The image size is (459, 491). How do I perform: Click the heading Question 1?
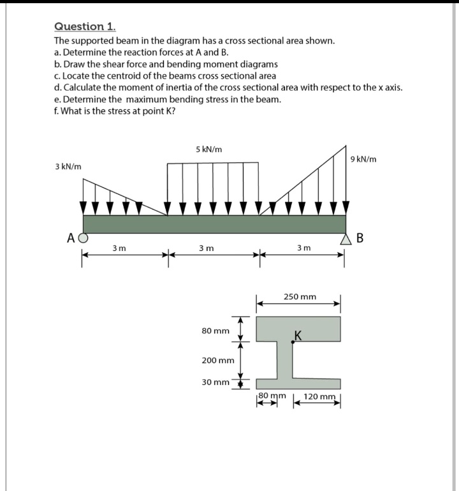coord(85,27)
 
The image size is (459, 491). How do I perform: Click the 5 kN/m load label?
coord(209,149)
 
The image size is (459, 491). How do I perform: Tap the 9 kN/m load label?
coord(364,159)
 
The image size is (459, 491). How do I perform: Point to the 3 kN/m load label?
coord(68,167)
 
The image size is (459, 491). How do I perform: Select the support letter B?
coord(360,239)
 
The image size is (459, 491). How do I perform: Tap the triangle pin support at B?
coord(347,239)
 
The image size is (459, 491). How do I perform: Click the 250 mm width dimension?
coord(300,297)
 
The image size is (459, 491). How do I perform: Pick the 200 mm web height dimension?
coord(218,360)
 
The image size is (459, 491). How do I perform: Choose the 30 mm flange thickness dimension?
coord(215,382)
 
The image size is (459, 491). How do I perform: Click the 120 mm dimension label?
coord(319,397)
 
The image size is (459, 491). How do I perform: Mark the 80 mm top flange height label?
coord(215,331)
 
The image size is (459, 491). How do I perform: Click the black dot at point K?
coord(293,342)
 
